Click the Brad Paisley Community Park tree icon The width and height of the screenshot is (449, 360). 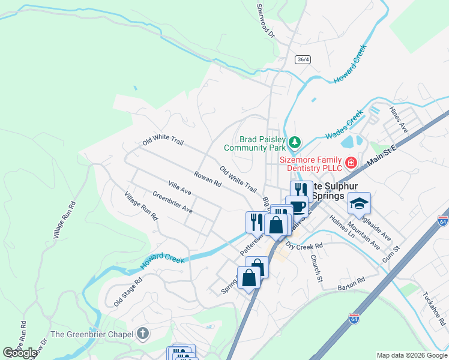pos(294,142)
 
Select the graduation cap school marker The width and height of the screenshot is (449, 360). pos(358,204)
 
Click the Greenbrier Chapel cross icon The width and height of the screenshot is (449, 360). pos(142,333)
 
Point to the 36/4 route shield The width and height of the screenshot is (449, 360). pos(303,59)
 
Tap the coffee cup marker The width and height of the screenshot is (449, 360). pos(297,206)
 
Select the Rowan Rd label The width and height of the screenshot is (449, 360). pos(208,179)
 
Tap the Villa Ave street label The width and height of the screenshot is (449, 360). pos(179,187)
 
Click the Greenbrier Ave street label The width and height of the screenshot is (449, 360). pos(172,202)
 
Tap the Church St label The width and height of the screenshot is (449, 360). pos(316,266)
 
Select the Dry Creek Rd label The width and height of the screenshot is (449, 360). pos(304,245)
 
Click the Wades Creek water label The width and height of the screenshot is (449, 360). pos(345,125)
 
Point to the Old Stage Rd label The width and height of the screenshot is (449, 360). pos(128,292)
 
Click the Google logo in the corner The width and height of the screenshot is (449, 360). pos(20,353)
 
